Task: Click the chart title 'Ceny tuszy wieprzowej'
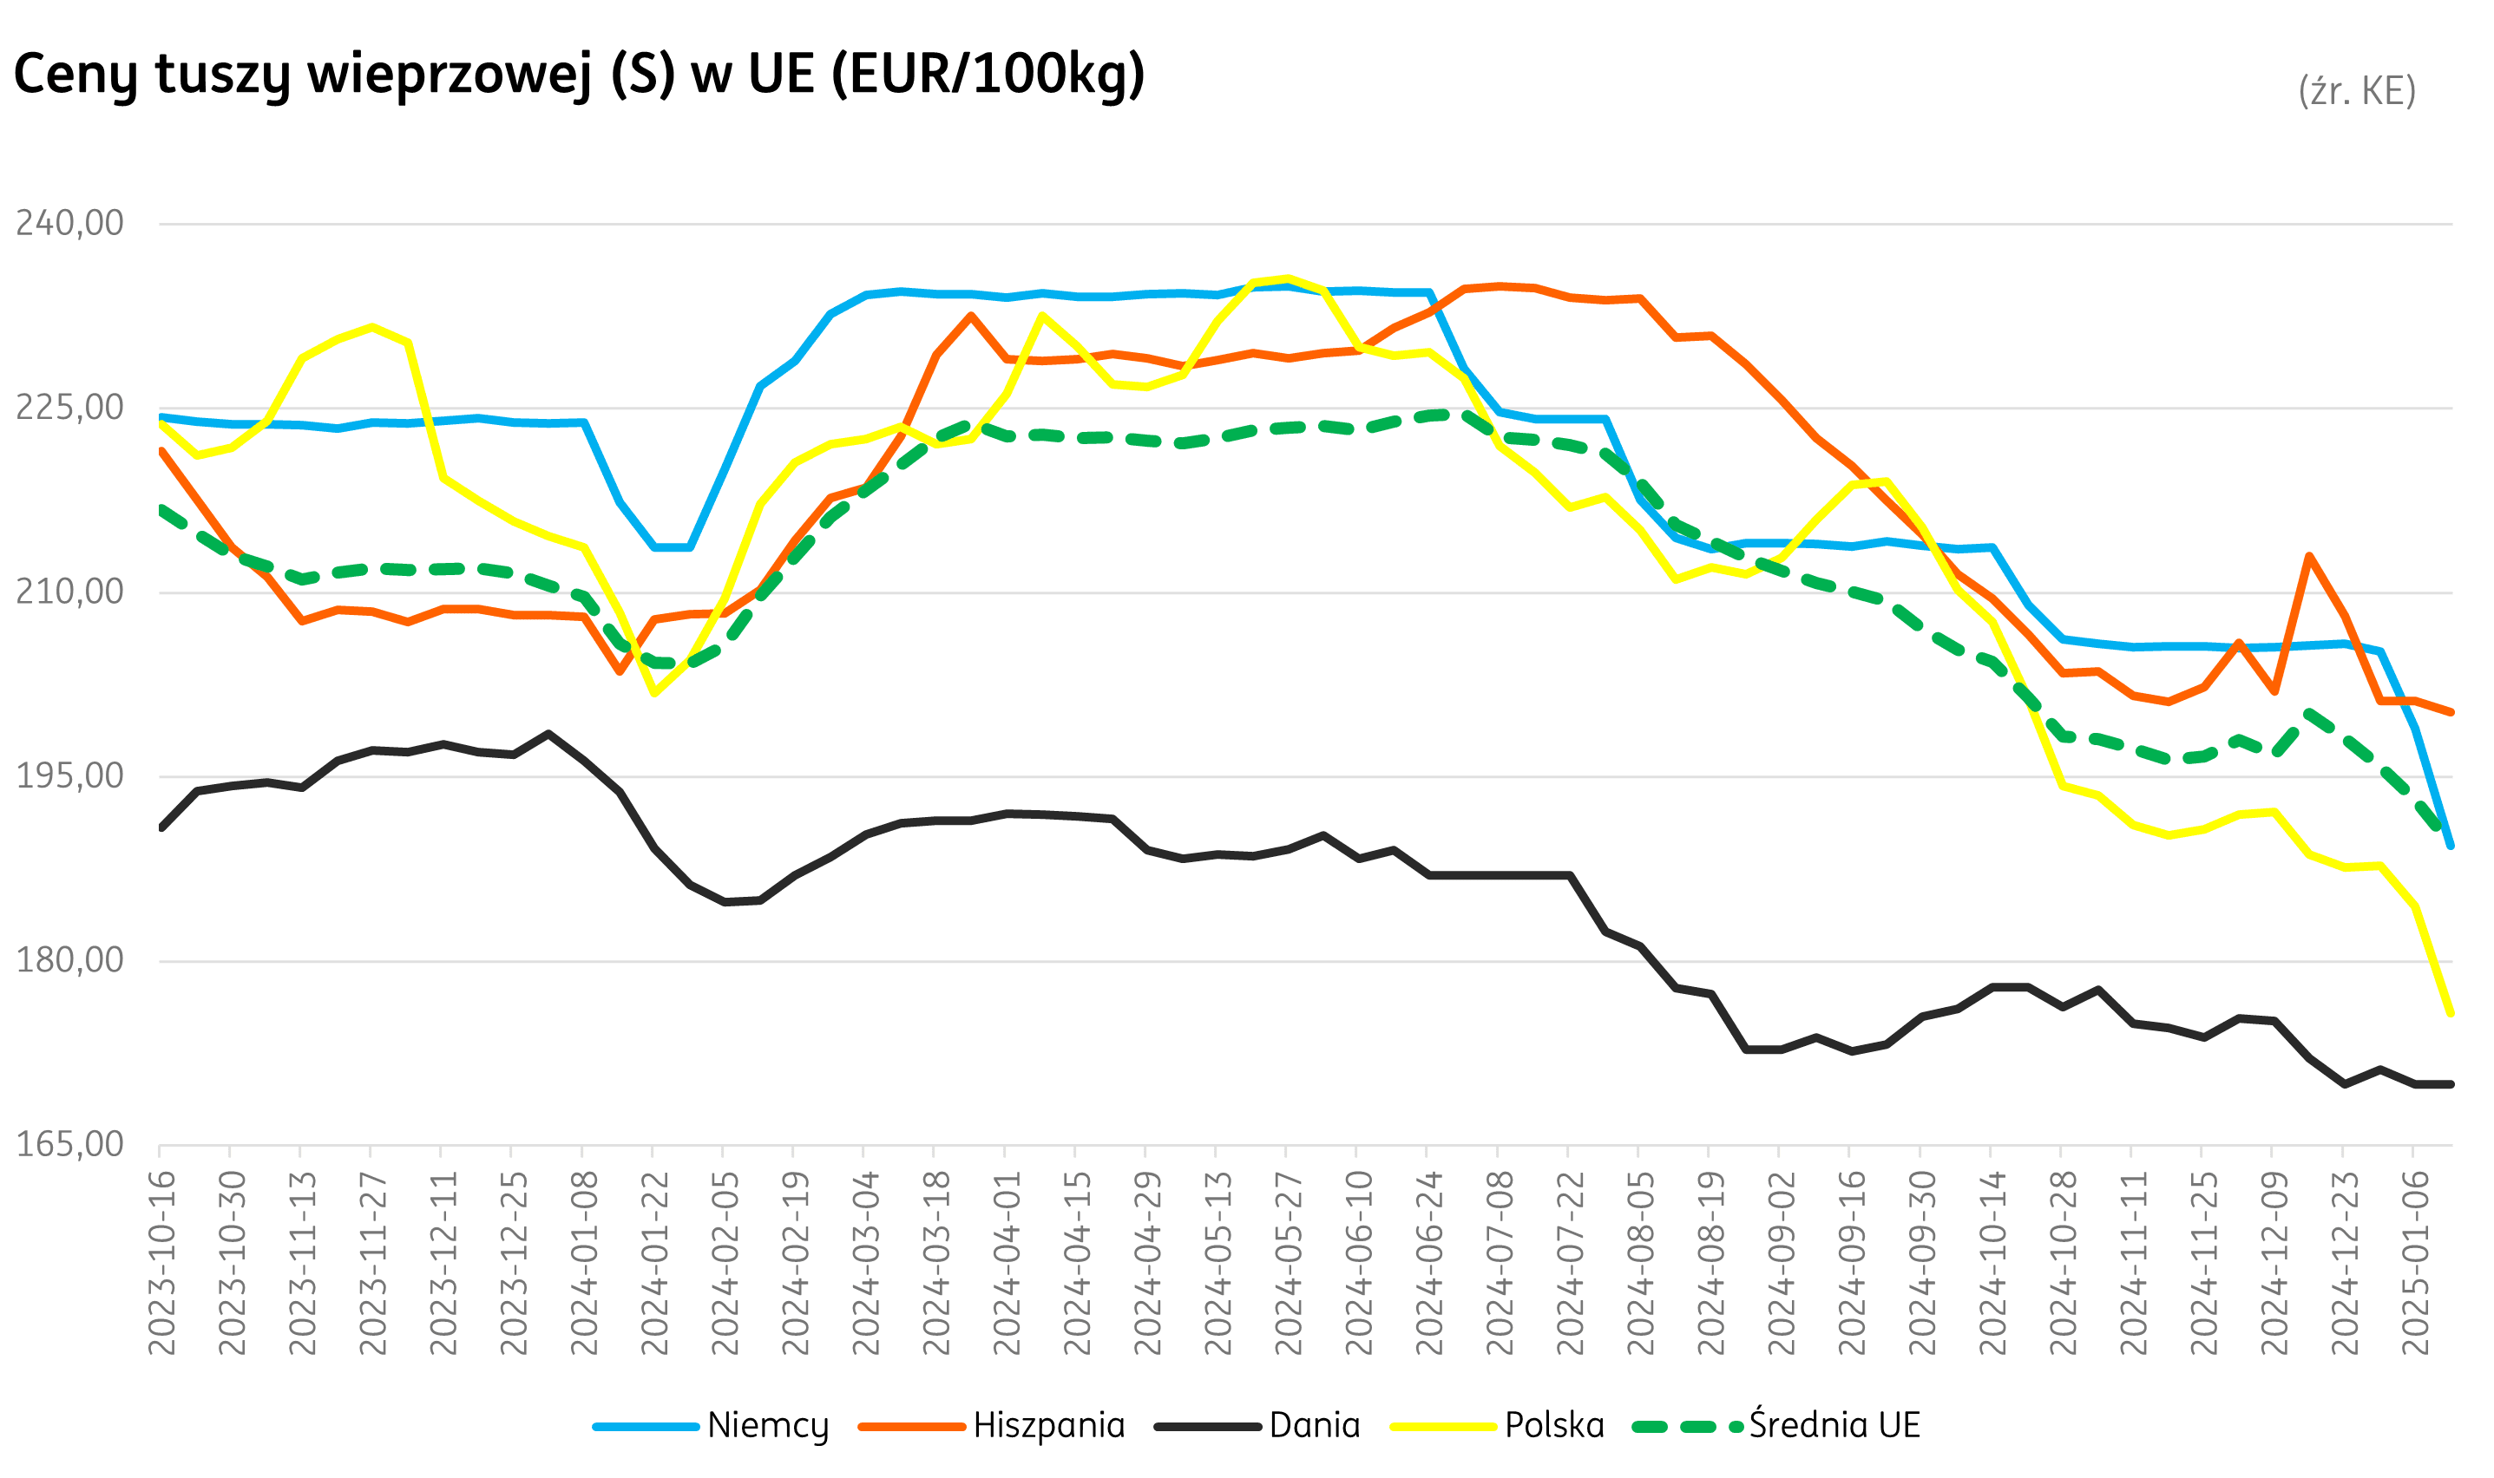click(x=578, y=75)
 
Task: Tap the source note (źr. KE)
click(x=2357, y=90)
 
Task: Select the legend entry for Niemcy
click(x=766, y=1425)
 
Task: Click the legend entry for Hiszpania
click(x=1048, y=1425)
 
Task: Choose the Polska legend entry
click(x=1553, y=1425)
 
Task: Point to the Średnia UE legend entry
click(x=1834, y=1425)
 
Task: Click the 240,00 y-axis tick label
click(x=69, y=223)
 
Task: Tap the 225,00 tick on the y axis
click(x=69, y=408)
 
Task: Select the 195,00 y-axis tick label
click(x=69, y=775)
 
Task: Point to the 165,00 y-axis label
click(x=69, y=1144)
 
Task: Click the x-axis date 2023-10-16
click(x=161, y=1263)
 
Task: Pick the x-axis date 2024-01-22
click(x=653, y=1263)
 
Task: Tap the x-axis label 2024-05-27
click(x=1288, y=1263)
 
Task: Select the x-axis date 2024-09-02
click(x=1781, y=1263)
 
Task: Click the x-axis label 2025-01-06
click(x=2414, y=1263)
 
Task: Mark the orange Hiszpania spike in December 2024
click(x=2308, y=556)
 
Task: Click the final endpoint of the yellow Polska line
click(x=2450, y=1014)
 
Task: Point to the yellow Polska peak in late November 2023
click(x=371, y=328)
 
